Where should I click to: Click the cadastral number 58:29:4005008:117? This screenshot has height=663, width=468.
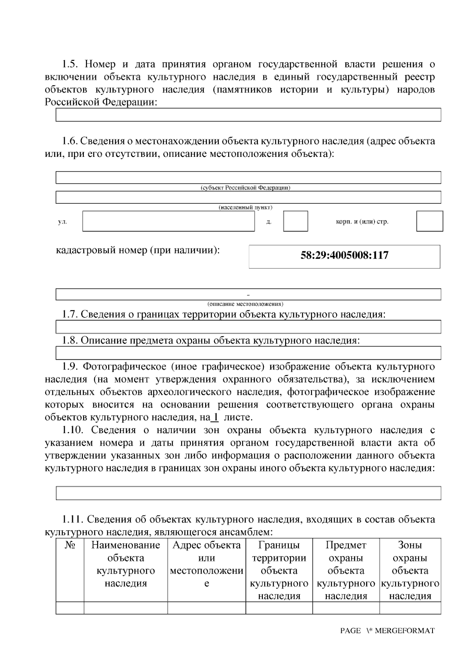click(x=344, y=256)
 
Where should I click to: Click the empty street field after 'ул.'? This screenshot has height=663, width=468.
click(x=168, y=221)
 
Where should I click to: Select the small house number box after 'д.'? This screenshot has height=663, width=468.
click(x=295, y=221)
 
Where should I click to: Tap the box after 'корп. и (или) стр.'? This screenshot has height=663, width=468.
click(x=429, y=221)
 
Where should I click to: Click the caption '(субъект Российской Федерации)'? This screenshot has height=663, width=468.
click(x=245, y=188)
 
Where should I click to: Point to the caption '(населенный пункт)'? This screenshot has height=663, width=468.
click(x=245, y=207)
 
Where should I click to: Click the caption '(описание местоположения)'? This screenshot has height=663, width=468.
click(x=245, y=304)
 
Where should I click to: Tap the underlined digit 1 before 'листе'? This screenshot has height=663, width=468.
click(x=215, y=417)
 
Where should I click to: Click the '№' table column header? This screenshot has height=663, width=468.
click(x=70, y=545)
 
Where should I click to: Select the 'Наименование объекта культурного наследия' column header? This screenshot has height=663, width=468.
click(x=126, y=564)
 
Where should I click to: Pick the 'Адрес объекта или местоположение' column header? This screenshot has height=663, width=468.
click(x=207, y=564)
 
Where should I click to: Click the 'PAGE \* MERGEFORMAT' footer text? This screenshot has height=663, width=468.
click(x=387, y=631)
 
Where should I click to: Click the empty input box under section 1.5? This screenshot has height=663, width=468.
click(x=248, y=115)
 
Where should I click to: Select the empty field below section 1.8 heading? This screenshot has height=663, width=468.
click(x=248, y=353)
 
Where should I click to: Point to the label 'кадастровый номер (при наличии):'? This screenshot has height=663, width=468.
click(x=138, y=250)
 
